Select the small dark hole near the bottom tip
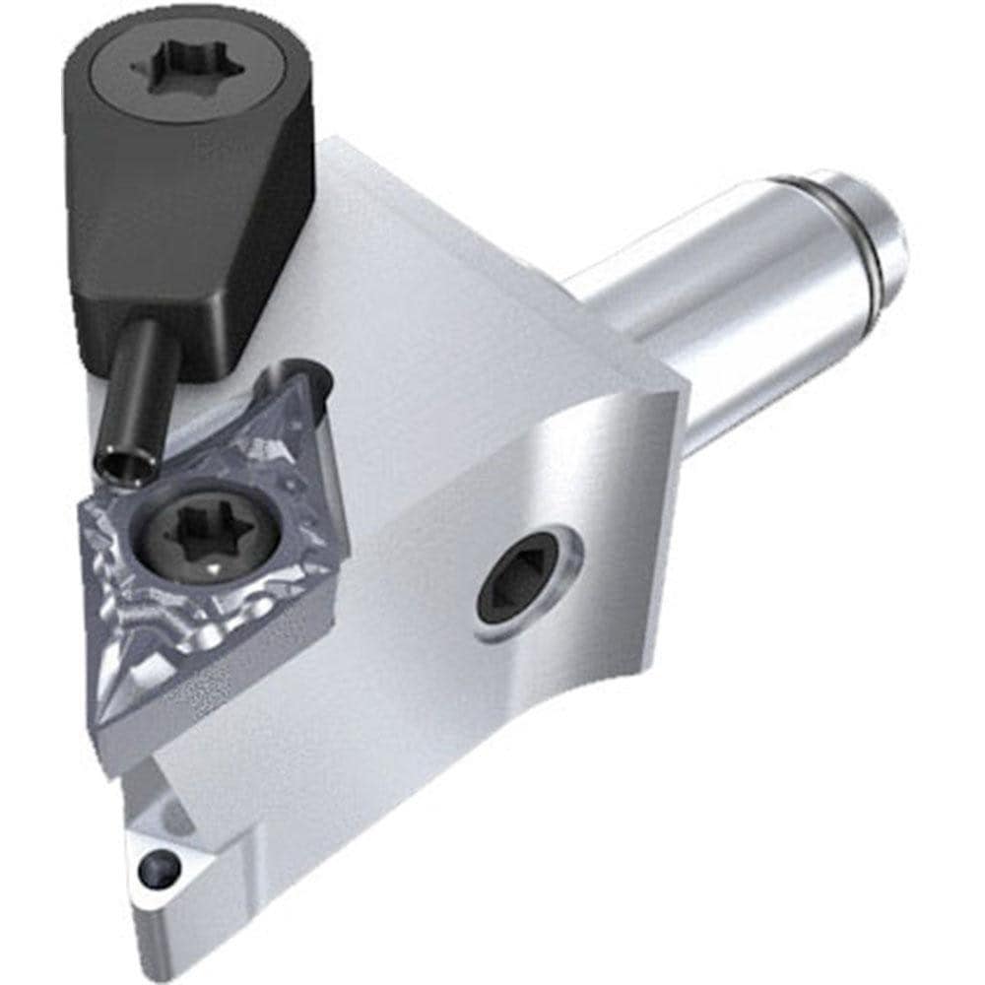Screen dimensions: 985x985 160,869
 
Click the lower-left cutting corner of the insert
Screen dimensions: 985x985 102,719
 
